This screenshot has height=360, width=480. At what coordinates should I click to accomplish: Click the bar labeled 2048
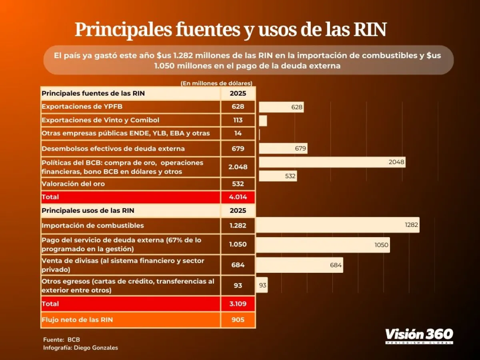pyautogui.click(x=332, y=162)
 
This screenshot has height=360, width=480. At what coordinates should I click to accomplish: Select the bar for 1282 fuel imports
pyautogui.click(x=337, y=225)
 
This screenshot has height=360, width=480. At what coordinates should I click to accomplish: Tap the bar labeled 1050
pyautogui.click(x=322, y=245)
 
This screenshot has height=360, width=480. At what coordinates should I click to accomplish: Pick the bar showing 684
pyautogui.click(x=299, y=265)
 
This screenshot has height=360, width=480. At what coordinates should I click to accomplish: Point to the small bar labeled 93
pyautogui.click(x=262, y=285)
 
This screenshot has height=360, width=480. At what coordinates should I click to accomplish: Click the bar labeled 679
pyautogui.click(x=283, y=149)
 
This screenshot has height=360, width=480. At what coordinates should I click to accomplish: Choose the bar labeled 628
pyautogui.click(x=281, y=107)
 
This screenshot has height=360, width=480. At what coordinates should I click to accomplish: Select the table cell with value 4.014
pyautogui.click(x=238, y=197)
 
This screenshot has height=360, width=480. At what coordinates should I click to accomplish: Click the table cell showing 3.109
pyautogui.click(x=238, y=304)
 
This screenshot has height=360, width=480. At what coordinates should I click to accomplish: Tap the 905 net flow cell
pyautogui.click(x=238, y=320)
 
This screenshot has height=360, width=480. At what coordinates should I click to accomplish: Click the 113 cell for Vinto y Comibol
pyautogui.click(x=238, y=120)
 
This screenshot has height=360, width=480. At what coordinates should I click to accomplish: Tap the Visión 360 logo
pyautogui.click(x=419, y=335)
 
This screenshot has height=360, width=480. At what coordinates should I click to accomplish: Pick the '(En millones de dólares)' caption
pyautogui.click(x=216, y=83)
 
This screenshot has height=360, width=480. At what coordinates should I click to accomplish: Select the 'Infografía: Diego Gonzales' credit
pyautogui.click(x=80, y=348)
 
